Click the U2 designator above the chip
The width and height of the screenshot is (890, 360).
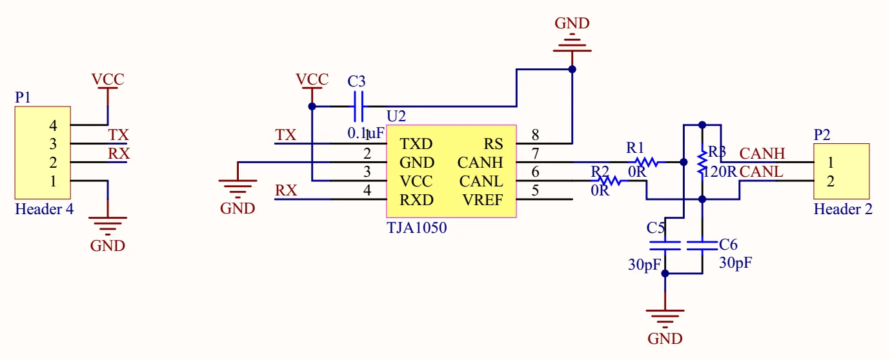tap(396, 116)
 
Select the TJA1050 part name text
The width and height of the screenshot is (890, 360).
tap(416, 228)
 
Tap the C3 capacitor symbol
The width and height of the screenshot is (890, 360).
tap(358, 106)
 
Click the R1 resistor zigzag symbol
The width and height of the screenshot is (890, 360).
tap(646, 162)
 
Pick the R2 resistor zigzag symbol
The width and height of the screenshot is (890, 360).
tap(609, 181)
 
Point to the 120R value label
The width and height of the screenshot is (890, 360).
tap(720, 172)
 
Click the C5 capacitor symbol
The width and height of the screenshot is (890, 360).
tap(665, 246)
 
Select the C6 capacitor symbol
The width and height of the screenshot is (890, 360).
tap(702, 246)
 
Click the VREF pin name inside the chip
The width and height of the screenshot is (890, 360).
tap(482, 200)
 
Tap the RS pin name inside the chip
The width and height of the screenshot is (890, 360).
tap(493, 144)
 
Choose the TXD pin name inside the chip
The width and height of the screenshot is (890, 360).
tap(416, 144)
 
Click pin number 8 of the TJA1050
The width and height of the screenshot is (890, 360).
tap(535, 135)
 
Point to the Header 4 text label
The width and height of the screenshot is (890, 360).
tap(44, 209)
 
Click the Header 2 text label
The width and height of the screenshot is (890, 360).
tap(843, 209)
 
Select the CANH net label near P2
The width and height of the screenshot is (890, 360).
tap(762, 154)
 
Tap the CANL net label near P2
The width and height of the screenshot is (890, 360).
tap(762, 172)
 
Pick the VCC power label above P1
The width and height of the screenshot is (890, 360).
tap(108, 79)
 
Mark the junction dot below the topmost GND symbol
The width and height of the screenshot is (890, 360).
tap(572, 70)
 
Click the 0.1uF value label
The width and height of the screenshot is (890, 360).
tap(365, 133)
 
